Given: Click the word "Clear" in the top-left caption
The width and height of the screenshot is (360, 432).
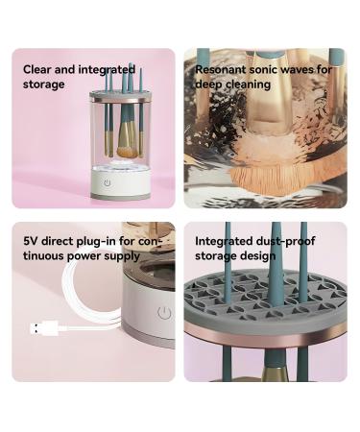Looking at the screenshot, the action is (37, 69).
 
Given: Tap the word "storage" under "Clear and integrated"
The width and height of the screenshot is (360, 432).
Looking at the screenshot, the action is (44, 84).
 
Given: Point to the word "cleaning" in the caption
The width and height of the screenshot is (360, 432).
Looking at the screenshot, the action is (249, 84).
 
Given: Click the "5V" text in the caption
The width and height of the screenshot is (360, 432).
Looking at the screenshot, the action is (30, 241).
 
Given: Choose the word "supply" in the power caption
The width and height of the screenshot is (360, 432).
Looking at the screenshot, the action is (123, 256).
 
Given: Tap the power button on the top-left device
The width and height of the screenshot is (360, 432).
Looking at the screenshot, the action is (108, 183).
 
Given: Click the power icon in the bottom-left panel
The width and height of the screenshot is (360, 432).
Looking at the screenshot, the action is (164, 313).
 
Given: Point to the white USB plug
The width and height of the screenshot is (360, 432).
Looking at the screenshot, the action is (44, 328).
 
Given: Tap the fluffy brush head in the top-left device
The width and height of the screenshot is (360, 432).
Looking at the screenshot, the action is (127, 152).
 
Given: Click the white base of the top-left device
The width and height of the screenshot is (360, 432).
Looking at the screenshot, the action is (121, 183).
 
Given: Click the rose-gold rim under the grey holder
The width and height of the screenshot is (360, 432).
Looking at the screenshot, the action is (266, 335).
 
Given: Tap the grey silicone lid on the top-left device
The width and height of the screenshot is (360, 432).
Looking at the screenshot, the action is (120, 94).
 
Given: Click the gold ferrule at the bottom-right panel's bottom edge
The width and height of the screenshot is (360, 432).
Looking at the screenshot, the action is (276, 373).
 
